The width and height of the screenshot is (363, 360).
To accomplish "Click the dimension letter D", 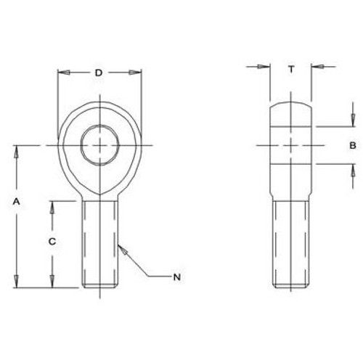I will pos(99,72).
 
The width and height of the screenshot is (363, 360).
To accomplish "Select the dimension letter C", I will pos(51,240).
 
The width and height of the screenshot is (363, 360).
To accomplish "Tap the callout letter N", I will pos(176,276).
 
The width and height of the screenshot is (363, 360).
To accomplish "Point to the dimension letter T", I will pos(290,69).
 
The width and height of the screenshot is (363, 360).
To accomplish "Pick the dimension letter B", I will pos(352,146).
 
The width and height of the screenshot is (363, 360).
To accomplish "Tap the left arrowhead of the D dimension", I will pos(62,73).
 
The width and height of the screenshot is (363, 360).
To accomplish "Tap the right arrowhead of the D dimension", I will pos(135,73).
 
